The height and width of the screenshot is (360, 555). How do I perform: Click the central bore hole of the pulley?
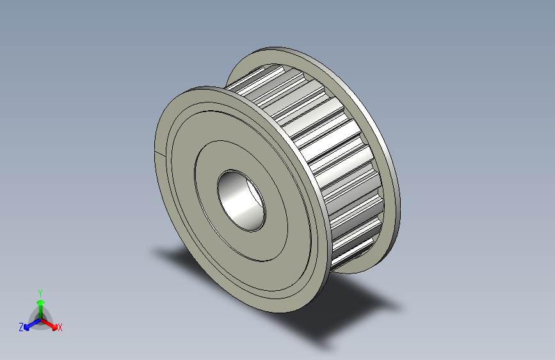coord(241,200)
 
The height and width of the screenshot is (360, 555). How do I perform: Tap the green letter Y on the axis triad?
coord(40,293)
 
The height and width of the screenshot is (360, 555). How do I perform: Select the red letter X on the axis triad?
coord(60,328)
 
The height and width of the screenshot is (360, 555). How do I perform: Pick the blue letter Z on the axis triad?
coord(21,327)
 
